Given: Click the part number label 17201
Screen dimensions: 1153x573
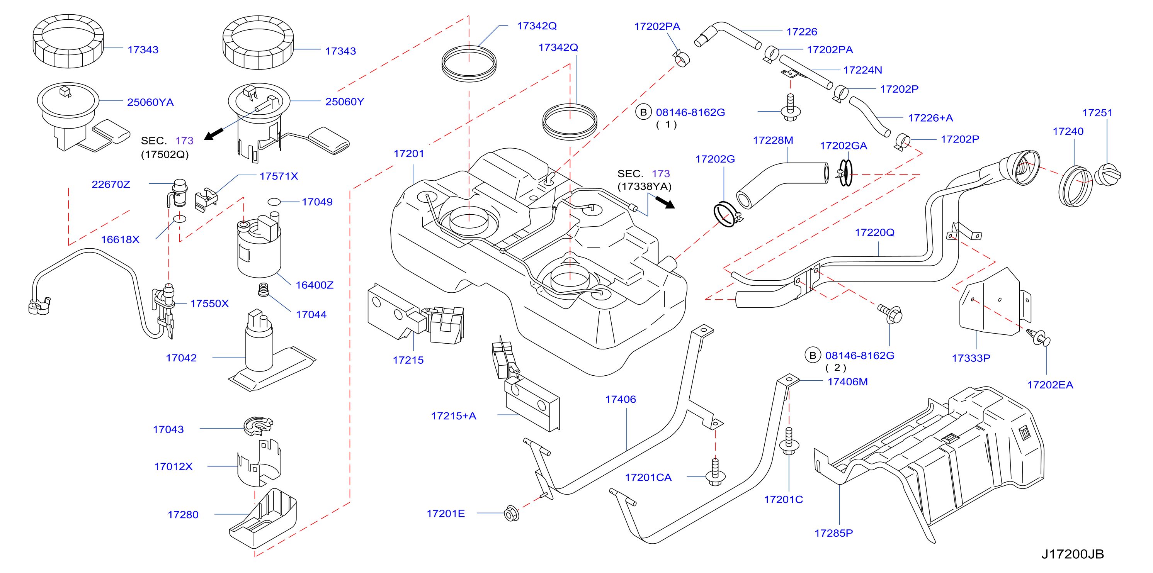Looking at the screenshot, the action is [409, 154].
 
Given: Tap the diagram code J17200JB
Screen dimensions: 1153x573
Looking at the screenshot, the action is [1072, 554].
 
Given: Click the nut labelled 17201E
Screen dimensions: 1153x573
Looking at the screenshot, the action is [511, 514].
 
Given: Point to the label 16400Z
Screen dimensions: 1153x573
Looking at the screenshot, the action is [315, 285].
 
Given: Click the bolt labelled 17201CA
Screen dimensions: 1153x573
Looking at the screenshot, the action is [715, 472].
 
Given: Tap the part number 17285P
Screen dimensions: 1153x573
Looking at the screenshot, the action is [833, 533].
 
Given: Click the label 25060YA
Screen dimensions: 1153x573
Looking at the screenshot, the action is [150, 102].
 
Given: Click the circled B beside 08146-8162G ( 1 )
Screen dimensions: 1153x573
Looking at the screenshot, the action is [643, 112].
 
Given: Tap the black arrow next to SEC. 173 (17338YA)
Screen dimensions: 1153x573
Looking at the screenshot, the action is [665, 203].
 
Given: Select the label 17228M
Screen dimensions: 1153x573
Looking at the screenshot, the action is [773, 141].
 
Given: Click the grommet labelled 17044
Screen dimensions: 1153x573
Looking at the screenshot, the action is [264, 290].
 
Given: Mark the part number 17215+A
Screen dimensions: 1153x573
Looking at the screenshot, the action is [453, 416].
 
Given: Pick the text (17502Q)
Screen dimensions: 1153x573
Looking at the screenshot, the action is [165, 155].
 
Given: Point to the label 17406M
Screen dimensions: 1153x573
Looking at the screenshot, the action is [848, 382].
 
